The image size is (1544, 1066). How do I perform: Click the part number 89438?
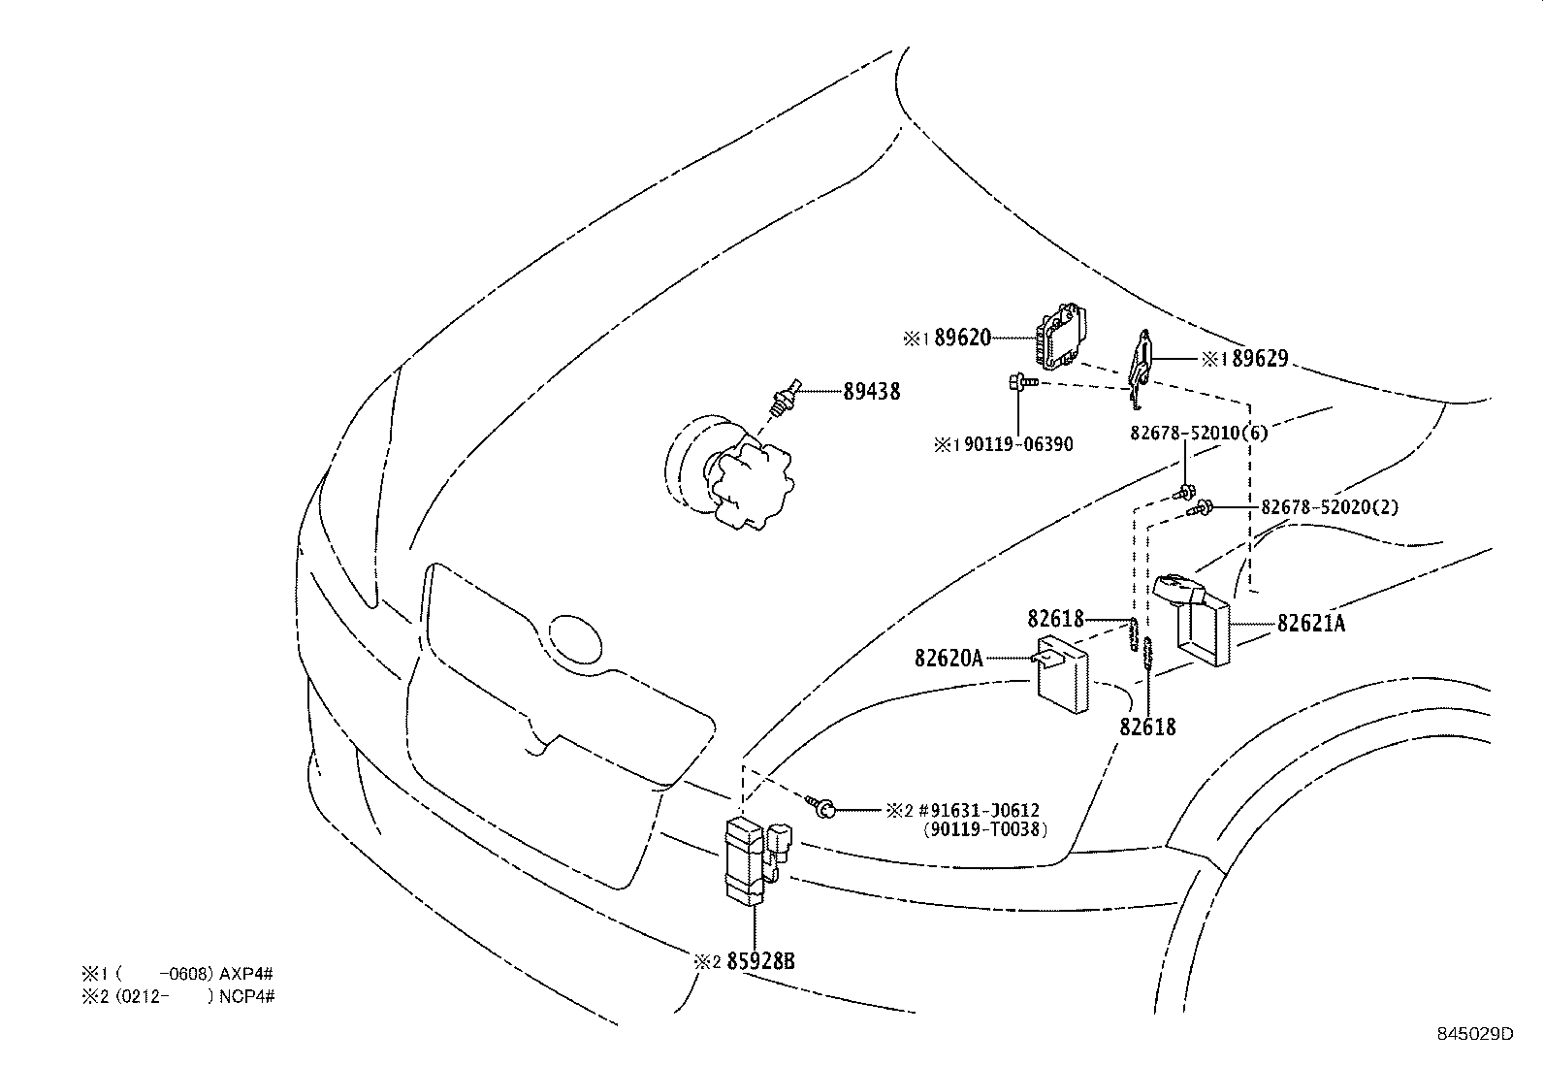tap(871, 392)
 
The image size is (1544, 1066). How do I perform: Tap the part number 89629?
tap(1260, 359)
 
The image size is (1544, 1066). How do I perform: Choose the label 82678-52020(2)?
tap(1330, 507)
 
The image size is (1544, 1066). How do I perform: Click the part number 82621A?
tap(1311, 624)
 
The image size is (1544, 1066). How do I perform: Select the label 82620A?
tap(949, 659)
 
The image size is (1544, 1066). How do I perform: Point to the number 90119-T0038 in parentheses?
tap(984, 829)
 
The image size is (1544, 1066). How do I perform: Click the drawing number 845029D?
tap(1474, 1034)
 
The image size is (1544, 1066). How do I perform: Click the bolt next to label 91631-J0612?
tap(822, 806)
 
